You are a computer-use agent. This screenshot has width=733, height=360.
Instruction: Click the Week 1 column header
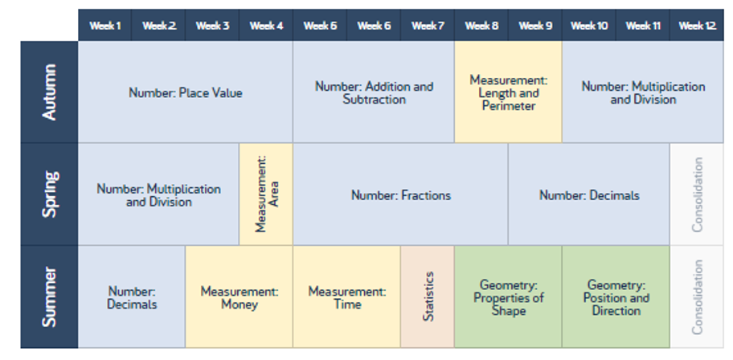click(x=104, y=25)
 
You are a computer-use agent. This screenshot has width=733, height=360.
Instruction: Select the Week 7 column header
click(x=428, y=25)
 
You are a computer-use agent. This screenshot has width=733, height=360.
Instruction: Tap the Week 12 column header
click(x=697, y=25)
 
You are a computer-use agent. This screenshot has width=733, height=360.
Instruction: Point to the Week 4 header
click(x=266, y=25)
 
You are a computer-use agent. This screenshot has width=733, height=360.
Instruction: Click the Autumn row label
click(x=49, y=92)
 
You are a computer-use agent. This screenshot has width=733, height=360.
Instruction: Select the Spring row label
click(x=49, y=194)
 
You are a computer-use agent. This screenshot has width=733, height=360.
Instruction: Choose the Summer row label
click(x=49, y=297)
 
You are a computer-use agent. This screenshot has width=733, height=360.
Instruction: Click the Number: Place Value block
click(x=186, y=92)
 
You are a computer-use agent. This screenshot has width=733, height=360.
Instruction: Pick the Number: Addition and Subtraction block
click(x=374, y=92)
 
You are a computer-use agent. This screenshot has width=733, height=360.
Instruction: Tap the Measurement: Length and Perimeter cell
click(x=508, y=92)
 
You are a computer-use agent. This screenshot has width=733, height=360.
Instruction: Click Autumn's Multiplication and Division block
click(x=643, y=92)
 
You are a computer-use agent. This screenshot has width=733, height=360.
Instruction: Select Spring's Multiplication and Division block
click(x=158, y=194)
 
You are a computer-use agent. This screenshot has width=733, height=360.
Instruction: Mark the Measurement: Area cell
click(x=266, y=194)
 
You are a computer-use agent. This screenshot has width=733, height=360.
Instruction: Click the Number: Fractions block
click(x=400, y=194)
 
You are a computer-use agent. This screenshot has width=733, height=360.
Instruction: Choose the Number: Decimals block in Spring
click(x=589, y=194)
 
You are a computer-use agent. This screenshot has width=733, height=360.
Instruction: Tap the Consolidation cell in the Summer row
click(x=697, y=297)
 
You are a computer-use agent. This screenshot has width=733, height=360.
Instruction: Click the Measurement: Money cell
click(x=240, y=297)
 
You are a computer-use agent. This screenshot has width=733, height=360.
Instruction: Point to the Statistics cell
click(x=428, y=297)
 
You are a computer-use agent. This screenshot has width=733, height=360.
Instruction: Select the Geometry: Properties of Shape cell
click(x=508, y=297)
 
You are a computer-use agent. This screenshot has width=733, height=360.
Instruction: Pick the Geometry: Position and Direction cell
click(x=616, y=297)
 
